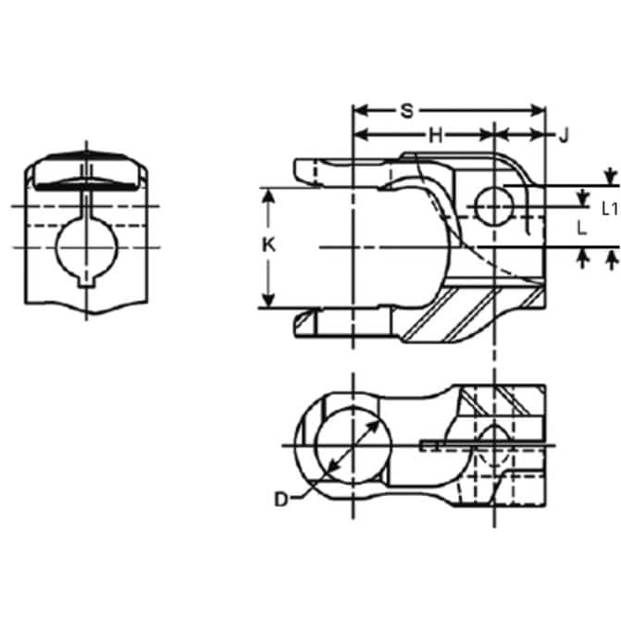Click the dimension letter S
[406, 111]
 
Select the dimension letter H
[436, 136]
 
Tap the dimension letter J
[564, 136]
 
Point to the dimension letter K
[269, 245]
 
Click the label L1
[609, 209]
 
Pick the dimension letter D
[280, 500]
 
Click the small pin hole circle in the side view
[494, 206]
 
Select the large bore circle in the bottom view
[353, 445]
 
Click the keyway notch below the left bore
[87, 280]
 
